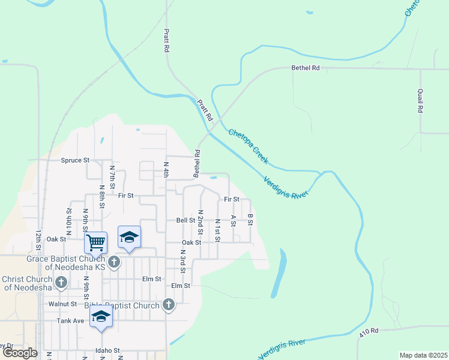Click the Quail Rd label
pyautogui.click(x=420, y=101)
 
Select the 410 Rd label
pyautogui.click(x=369, y=331)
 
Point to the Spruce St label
pyautogui.click(x=75, y=160)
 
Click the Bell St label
pyautogui.click(x=182, y=220)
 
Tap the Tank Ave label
pyautogui.click(x=70, y=320)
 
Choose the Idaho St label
pyautogui.click(x=107, y=350)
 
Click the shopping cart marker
pyautogui.click(x=96, y=242)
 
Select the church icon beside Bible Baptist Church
pyautogui.click(x=169, y=305)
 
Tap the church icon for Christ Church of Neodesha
pyautogui.click(x=61, y=282)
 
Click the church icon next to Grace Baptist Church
pyautogui.click(x=114, y=263)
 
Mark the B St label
pyautogui.click(x=250, y=220)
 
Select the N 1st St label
pyautogui.click(x=217, y=230)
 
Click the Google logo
pyautogui.click(x=20, y=353)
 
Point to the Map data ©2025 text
pyautogui.click(x=423, y=355)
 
